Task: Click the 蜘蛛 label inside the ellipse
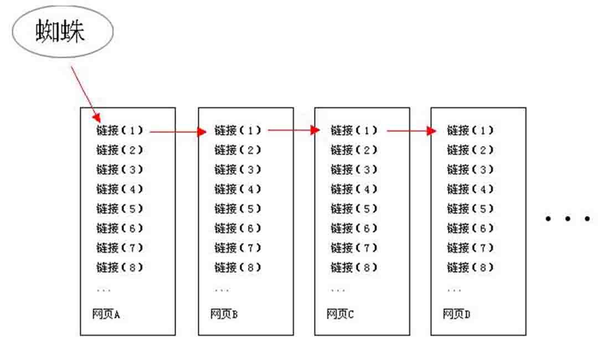click(60, 31)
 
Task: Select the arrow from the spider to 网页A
click(86, 94)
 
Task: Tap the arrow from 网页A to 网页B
click(178, 132)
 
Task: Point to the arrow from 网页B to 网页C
click(294, 130)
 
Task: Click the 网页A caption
click(106, 314)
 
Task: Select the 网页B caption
click(224, 314)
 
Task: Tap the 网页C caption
click(340, 314)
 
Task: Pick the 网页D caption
click(456, 314)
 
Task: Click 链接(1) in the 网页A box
click(120, 130)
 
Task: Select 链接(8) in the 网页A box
click(120, 268)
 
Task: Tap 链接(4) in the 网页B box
click(238, 189)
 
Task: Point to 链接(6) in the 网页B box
click(238, 228)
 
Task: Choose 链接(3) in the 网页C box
click(354, 169)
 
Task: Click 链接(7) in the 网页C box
click(354, 248)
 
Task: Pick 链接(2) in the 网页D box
click(470, 150)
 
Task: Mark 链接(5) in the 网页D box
click(470, 209)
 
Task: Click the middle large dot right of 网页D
click(568, 219)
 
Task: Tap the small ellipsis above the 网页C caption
click(338, 291)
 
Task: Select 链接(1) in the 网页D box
click(470, 130)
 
